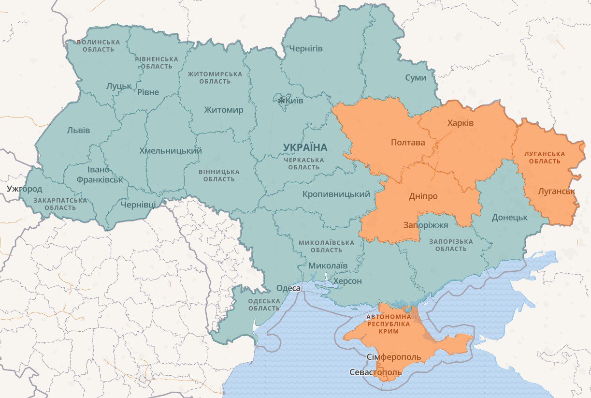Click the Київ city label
pos(294,101)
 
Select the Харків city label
pos(461,123)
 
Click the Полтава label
pos(407,143)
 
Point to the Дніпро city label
pos(423,196)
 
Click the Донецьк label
pos(509,217)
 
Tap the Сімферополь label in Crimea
pos(393,357)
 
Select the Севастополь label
pos(375,372)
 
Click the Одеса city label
pos(288,288)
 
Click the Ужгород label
pos(24,189)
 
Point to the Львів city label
pos(78,130)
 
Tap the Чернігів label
pos(305,49)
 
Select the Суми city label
pos(416,77)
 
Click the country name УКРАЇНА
pos(305,147)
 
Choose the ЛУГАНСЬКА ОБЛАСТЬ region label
pos(544,158)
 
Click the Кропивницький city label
pos(336,194)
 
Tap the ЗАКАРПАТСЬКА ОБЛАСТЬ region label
pos(60,204)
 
